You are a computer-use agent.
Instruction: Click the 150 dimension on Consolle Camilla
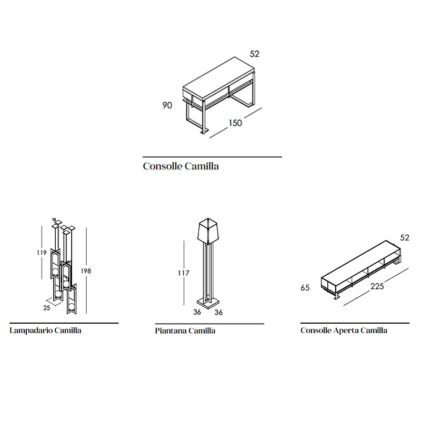[x=235, y=123]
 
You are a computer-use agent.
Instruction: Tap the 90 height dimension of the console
[x=167, y=105]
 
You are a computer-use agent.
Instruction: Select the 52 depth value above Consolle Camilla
[x=254, y=54]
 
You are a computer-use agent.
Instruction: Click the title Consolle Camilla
[x=181, y=166]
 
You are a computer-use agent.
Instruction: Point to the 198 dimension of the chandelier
[x=86, y=271]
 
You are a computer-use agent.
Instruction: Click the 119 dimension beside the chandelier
[x=42, y=253]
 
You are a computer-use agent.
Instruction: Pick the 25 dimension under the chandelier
[x=47, y=308]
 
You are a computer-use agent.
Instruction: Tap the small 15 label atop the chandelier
[x=54, y=219]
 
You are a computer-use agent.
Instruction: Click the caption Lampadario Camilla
[x=45, y=330]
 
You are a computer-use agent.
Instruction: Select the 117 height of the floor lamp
[x=184, y=273]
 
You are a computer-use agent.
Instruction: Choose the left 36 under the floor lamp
[x=197, y=312]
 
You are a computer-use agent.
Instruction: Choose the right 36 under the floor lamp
[x=218, y=312]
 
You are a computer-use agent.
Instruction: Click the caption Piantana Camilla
[x=185, y=330]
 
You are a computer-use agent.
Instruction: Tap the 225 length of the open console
[x=377, y=286]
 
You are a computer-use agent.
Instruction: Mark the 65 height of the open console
[x=305, y=288]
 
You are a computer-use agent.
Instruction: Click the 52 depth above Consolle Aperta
[x=405, y=238]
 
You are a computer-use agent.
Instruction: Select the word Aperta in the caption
[x=346, y=330]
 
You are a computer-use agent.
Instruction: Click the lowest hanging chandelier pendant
[x=72, y=299]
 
